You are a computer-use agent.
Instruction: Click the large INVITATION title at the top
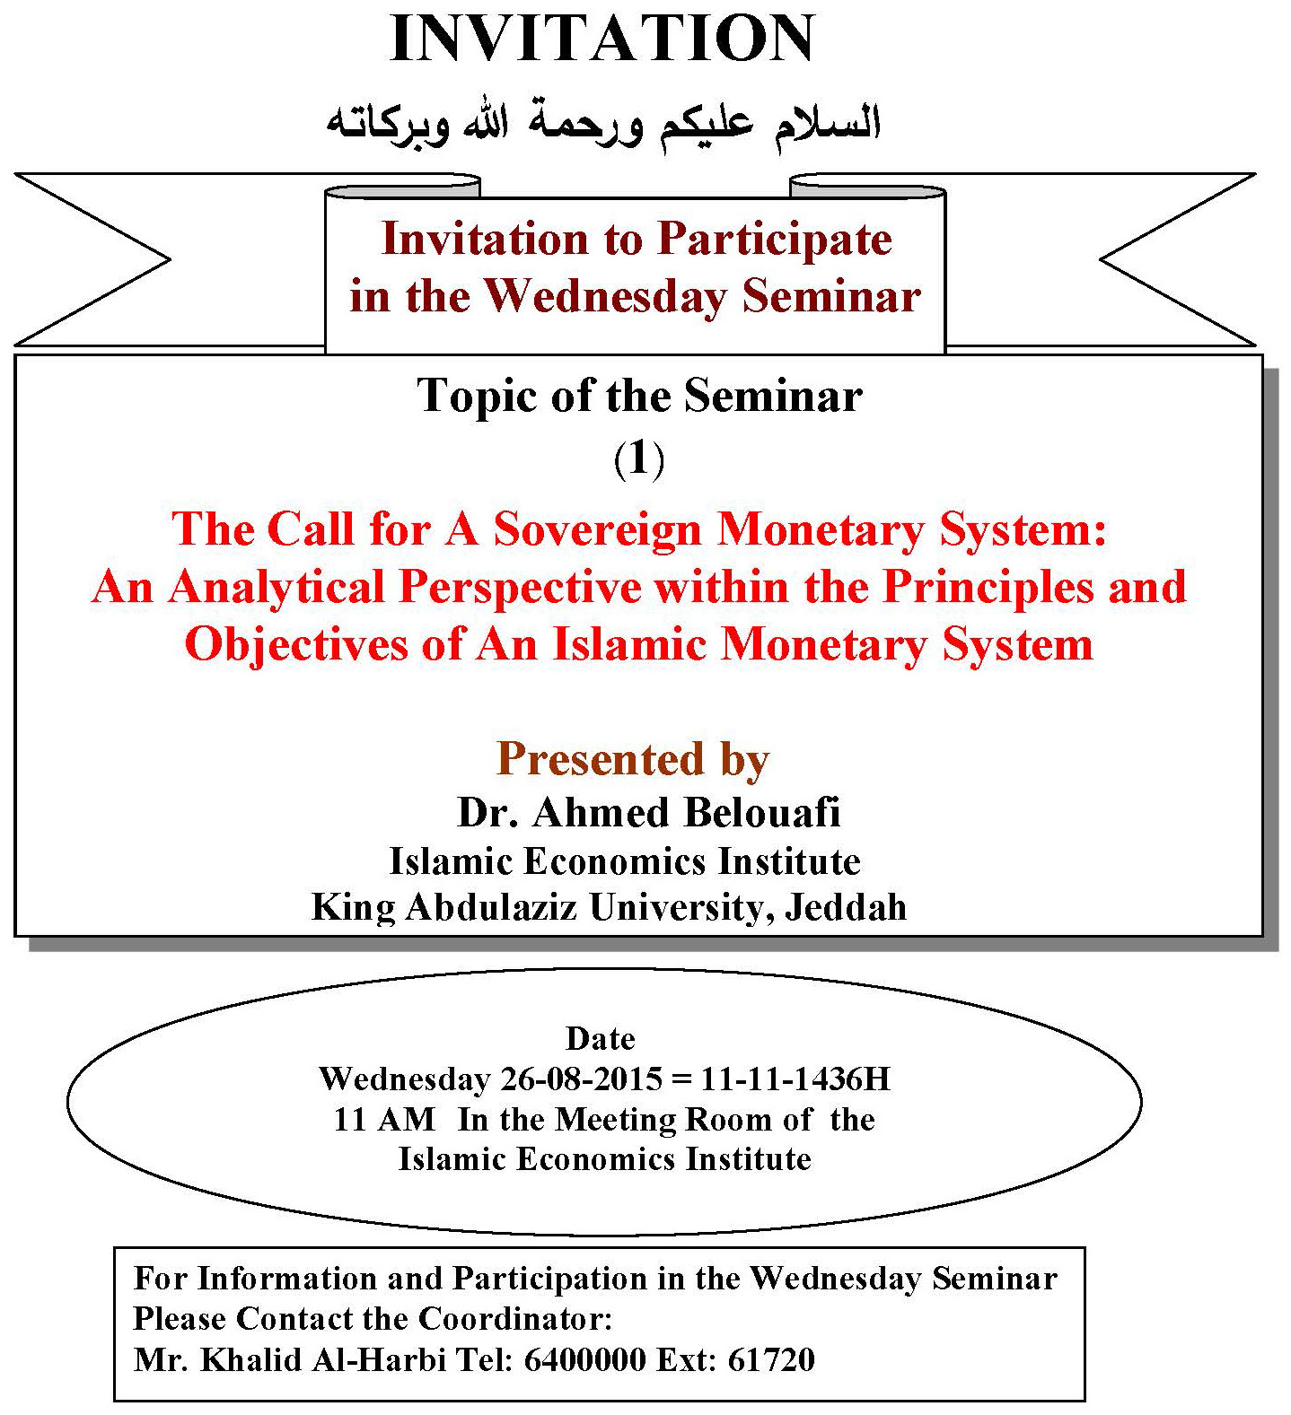602,39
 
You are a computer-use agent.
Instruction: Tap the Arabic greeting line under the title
603,123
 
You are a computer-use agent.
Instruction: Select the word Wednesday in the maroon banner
608,297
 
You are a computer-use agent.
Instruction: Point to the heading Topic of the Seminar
640,396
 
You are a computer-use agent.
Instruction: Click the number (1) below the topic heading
639,460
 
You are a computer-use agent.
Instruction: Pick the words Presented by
633,759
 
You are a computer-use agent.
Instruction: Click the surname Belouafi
762,813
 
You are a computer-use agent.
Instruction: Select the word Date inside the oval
601,1039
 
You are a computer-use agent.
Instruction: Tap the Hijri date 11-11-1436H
795,1079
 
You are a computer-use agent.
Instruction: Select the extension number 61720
771,1360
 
